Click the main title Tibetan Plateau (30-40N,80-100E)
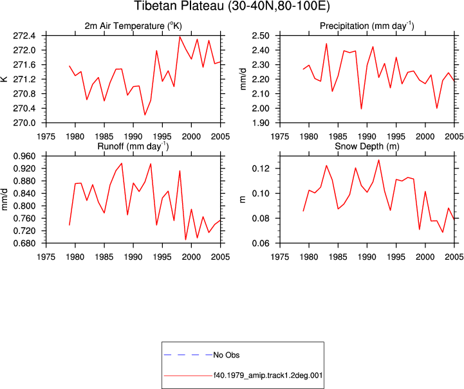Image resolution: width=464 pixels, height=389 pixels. tap(232, 6)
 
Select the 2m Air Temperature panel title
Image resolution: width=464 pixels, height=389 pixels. tap(133, 26)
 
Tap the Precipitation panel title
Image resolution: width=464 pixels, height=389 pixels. tap(367, 26)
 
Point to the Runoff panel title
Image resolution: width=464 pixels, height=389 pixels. tap(133, 147)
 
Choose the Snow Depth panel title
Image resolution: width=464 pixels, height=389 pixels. tap(367, 147)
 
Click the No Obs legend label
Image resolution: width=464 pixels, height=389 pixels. tap(227, 355)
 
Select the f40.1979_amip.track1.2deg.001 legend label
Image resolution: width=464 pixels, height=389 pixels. tap(268, 375)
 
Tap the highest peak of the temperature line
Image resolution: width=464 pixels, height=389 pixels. tap(180, 37)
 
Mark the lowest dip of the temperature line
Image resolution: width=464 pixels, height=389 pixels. tap(145, 115)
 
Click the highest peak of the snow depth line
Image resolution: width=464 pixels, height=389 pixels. tap(378, 160)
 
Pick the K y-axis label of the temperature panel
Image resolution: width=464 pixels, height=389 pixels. tap(5, 79)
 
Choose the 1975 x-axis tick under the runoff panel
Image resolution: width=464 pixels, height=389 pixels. tap(46, 257)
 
